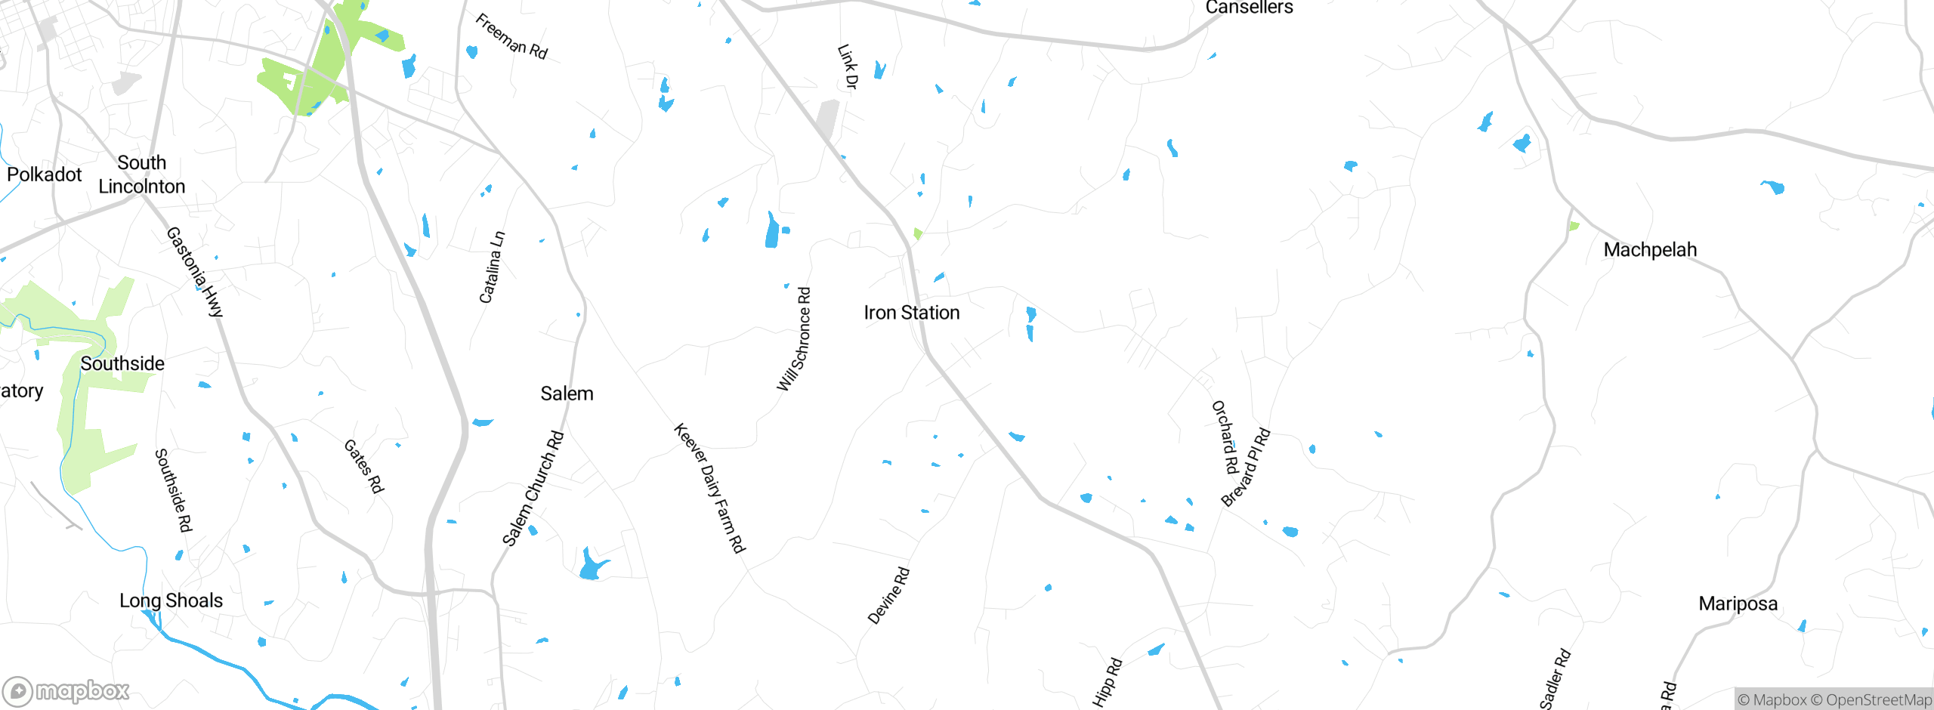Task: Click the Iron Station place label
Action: pos(911,313)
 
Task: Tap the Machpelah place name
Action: pos(1650,250)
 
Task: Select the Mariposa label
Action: pos(1738,604)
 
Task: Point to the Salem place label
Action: pos(567,394)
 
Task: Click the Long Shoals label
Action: pos(171,600)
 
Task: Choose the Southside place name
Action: pos(122,363)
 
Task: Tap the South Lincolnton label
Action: pos(142,174)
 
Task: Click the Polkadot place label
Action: pos(44,174)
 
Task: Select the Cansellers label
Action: pos(1249,8)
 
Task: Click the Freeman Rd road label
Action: pos(511,36)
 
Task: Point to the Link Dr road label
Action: pos(848,66)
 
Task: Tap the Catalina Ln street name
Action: pos(492,267)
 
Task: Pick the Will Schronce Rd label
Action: pos(794,339)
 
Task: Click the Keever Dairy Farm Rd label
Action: pos(709,488)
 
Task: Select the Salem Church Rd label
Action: pos(533,488)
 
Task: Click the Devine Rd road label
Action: pos(888,596)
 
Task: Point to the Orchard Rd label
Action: pos(1225,437)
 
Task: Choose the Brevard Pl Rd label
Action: pos(1246,468)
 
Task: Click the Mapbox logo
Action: pos(66,691)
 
